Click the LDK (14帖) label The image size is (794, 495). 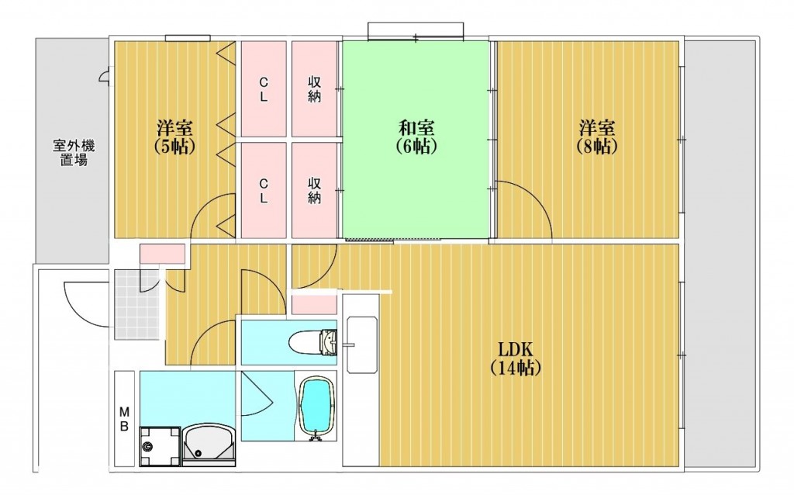(x=516, y=358)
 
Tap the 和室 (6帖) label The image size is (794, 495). (x=416, y=137)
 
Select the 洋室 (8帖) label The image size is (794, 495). (x=597, y=137)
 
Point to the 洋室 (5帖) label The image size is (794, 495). (x=174, y=137)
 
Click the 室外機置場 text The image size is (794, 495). (x=74, y=153)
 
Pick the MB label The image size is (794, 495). (x=124, y=418)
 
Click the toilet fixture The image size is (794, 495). (x=313, y=341)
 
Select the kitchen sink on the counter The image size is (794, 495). (x=361, y=344)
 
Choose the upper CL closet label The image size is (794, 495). (x=264, y=90)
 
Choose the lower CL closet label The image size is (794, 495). (x=264, y=191)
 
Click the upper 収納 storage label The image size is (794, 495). (x=315, y=90)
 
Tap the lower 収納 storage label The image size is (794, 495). (x=315, y=191)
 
